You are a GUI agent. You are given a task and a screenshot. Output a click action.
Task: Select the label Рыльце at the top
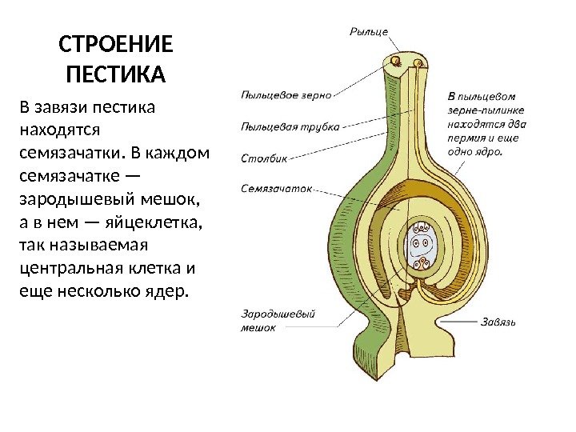tap(369, 32)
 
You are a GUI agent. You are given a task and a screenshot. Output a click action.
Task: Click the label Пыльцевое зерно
tap(286, 94)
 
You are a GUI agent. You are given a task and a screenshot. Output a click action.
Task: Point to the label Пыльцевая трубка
tap(290, 126)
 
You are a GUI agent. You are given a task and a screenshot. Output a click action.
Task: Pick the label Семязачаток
tap(275, 190)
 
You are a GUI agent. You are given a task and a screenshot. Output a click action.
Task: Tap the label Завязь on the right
tap(499, 322)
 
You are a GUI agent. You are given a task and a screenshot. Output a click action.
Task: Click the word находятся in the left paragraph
tap(58, 129)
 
